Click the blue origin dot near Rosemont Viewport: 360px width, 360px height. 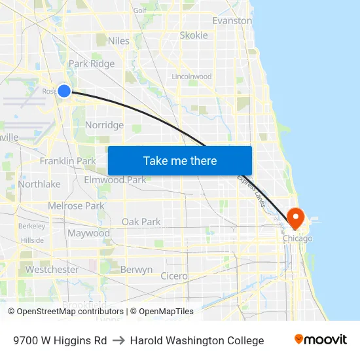click(x=64, y=91)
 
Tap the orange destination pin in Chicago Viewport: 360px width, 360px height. click(x=295, y=217)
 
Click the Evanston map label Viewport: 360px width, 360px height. click(x=232, y=20)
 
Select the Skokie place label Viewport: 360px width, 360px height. click(x=194, y=35)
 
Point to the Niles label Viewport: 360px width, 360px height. click(x=118, y=41)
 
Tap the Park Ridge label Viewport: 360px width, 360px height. click(x=92, y=63)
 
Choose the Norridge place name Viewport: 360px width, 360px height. click(x=104, y=125)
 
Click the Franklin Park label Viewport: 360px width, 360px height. click(x=67, y=160)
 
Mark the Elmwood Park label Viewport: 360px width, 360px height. click(x=115, y=179)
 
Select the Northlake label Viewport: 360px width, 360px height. click(x=39, y=184)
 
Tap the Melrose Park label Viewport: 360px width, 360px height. click(x=76, y=206)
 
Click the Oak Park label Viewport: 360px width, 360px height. click(x=141, y=222)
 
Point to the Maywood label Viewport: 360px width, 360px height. click(x=88, y=233)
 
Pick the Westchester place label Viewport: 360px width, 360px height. click(x=52, y=269)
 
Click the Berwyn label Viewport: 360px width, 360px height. click(x=137, y=269)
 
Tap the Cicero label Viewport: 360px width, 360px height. click(x=173, y=276)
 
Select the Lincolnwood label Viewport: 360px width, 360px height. click(x=191, y=77)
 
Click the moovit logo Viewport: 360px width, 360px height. click(x=320, y=340)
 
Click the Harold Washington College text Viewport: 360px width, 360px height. click(x=197, y=340)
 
